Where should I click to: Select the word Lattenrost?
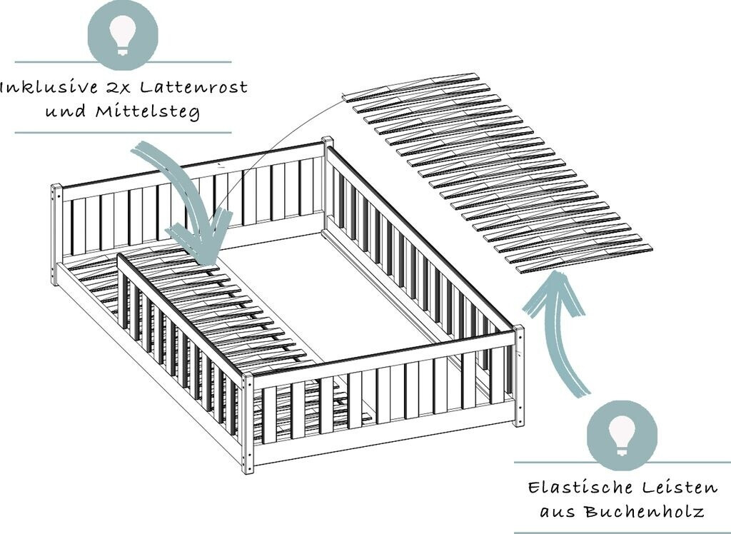click(x=194, y=87)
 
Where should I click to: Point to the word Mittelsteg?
click(x=148, y=112)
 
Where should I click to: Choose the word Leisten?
click(x=680, y=488)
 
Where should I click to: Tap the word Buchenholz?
click(x=645, y=512)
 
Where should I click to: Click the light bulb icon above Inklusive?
click(x=123, y=34)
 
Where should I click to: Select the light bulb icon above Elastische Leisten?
click(x=622, y=435)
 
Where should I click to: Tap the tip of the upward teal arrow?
click(x=558, y=275)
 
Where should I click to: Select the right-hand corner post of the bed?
click(x=518, y=376)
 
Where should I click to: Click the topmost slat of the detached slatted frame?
click(x=411, y=87)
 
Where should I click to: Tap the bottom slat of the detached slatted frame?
click(x=585, y=258)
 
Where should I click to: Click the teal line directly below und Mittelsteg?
click(x=123, y=133)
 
